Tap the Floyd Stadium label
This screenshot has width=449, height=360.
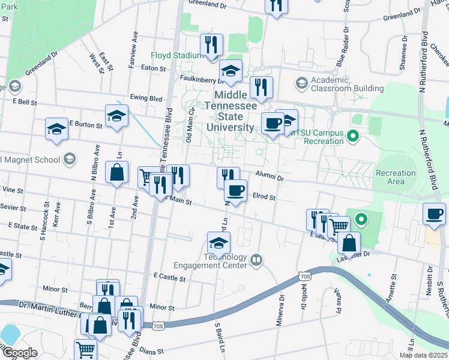pos(178,55)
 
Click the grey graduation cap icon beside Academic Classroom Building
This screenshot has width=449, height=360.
pos(301,82)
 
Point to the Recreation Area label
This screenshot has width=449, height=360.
pos(395,177)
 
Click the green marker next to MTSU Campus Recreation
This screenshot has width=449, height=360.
pos(354,137)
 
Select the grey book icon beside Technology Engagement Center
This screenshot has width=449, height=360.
pos(256,259)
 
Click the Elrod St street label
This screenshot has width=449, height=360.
pos(264,196)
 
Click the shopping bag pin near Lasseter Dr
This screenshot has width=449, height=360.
pos(349,243)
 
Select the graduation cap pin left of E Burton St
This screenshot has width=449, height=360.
pos(57,129)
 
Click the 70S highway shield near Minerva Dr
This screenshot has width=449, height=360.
pos(306,276)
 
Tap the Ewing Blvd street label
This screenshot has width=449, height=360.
pos(146,98)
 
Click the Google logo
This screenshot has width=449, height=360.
pos(20,353)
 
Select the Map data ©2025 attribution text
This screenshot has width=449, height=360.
pos(423,355)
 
